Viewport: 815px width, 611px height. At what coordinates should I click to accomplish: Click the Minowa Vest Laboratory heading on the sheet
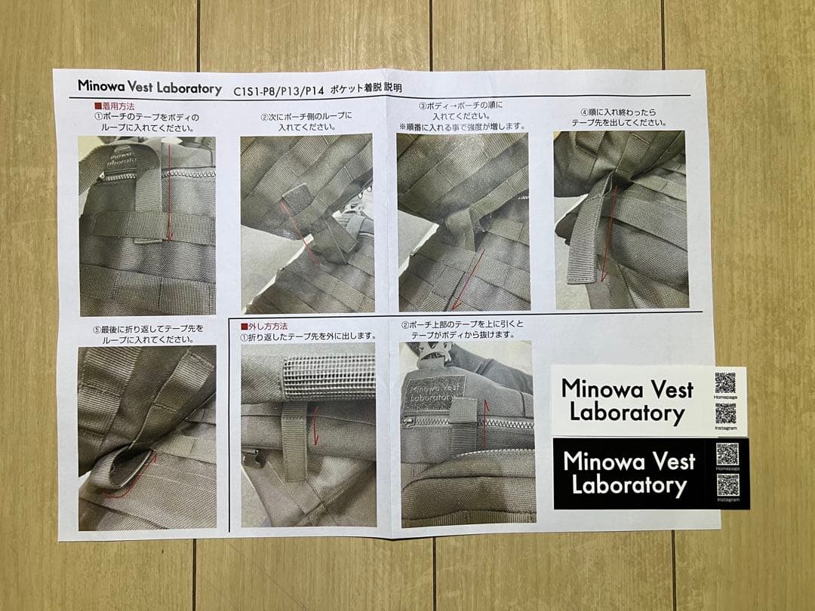coord(149,87)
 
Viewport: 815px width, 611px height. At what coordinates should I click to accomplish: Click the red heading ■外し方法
coord(263,326)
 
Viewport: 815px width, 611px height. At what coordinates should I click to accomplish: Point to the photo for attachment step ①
coord(147,226)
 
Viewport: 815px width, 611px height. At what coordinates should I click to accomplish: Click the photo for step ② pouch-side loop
coord(306,223)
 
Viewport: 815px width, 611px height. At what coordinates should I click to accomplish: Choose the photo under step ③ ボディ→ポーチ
coord(463,222)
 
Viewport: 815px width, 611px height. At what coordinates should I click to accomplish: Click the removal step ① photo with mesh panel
coord(308,434)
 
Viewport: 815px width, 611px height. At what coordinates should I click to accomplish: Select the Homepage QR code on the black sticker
coord(727,454)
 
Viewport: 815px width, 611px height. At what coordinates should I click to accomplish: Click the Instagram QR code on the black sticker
coord(727,484)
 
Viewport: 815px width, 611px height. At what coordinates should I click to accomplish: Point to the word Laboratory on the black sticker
coord(629,485)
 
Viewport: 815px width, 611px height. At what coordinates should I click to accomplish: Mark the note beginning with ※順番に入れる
coord(462,126)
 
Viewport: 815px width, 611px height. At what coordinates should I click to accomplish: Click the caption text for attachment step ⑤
coord(143,334)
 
